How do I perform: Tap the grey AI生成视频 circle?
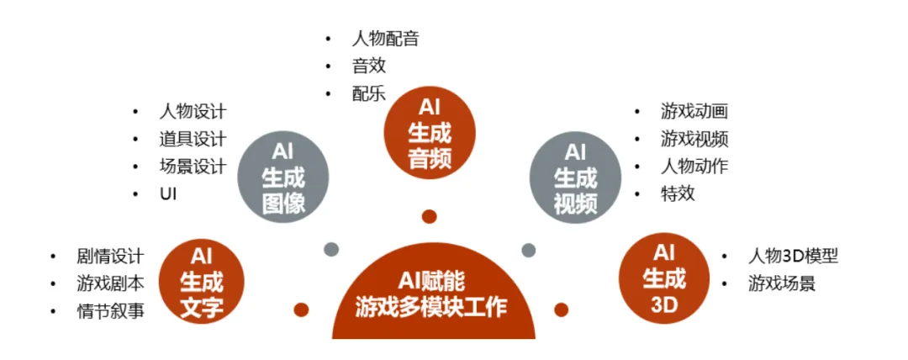pos(575,177)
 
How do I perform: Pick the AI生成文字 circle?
pos(202,282)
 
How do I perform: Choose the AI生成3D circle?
pos(664,278)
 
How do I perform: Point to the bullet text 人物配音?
pos(385,39)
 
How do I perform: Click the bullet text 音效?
pos(369,66)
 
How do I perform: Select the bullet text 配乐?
pos(369,93)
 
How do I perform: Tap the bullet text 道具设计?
pos(193,139)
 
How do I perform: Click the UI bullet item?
pos(167,194)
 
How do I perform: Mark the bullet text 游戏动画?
pos(694,111)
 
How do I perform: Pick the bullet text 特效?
pos(678,193)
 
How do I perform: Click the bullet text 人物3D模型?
pos(793,256)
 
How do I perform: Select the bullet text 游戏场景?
pos(782,283)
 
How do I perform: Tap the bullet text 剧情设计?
pos(110,256)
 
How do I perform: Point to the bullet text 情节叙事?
pos(110,310)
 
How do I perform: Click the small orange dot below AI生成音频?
pos(430,217)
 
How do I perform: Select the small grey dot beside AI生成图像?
pos(331,249)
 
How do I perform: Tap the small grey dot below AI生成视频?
pos(529,250)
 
